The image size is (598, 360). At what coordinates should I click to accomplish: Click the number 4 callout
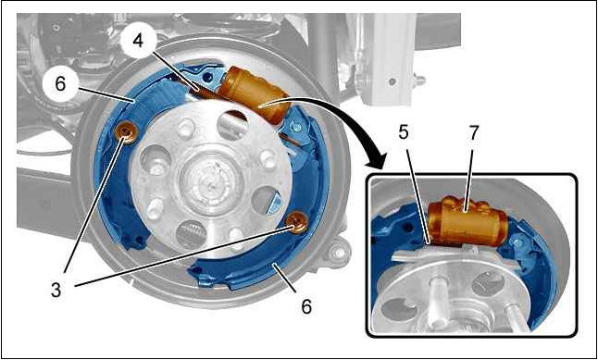[x=138, y=42]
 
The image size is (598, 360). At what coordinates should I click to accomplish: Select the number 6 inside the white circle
[x=60, y=84]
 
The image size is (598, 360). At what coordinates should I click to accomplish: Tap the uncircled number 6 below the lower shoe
[x=306, y=305]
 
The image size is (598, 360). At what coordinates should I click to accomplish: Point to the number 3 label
[x=56, y=290]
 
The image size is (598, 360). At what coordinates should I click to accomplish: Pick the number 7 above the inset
[x=473, y=133]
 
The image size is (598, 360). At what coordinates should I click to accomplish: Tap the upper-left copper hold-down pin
[x=126, y=132]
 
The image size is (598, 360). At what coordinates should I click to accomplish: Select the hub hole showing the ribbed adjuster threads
[x=192, y=234]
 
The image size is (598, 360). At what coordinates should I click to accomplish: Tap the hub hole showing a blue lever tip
[x=267, y=200]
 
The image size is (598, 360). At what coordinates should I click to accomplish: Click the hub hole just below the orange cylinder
[x=232, y=124]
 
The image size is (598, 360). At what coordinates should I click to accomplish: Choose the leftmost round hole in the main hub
[x=156, y=160]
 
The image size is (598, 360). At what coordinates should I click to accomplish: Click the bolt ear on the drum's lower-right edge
[x=337, y=252]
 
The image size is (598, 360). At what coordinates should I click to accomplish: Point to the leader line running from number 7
[x=470, y=177]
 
